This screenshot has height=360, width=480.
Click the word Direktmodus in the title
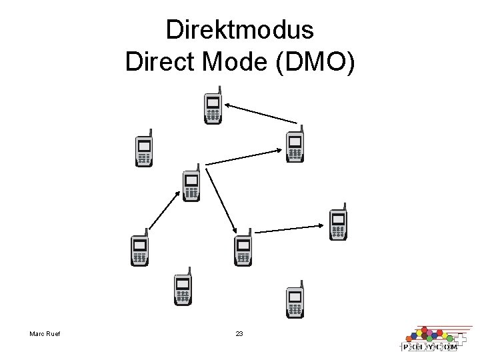point(240,31)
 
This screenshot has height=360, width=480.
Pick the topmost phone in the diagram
point(213,107)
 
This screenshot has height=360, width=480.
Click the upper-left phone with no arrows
point(144,150)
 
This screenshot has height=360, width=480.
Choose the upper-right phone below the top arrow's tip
point(294,145)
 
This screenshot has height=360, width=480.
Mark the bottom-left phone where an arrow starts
point(139,249)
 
